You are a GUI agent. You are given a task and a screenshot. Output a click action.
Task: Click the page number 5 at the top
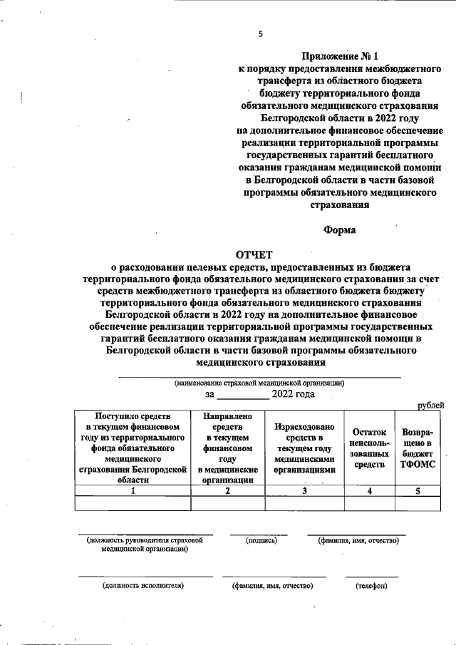[261, 33]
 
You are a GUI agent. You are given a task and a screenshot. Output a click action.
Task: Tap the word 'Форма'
[340, 229]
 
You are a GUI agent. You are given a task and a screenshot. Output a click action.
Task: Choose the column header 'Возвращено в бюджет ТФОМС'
[418, 448]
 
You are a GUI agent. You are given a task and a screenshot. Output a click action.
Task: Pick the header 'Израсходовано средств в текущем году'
[304, 448]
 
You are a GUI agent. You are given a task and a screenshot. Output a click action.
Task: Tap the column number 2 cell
[227, 490]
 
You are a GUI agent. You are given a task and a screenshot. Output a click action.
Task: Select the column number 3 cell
[304, 490]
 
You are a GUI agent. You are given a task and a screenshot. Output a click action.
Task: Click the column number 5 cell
[418, 490]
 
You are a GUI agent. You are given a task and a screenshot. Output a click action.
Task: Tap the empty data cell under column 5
[418, 503]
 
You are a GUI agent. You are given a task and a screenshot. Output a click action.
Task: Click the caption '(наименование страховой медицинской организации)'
[260, 383]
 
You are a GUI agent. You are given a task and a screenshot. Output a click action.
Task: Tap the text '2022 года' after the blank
[294, 393]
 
